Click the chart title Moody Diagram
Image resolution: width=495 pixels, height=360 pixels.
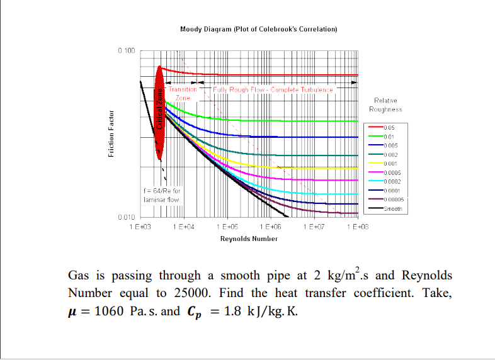[259, 30]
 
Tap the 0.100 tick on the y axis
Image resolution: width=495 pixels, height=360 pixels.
[126, 50]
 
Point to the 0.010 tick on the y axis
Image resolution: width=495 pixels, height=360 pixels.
[126, 217]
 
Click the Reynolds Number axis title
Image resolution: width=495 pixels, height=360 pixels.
[249, 239]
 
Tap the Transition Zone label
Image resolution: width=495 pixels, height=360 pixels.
[183, 94]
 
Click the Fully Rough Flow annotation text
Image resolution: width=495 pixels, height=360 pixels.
[273, 90]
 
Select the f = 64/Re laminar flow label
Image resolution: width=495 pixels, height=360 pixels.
[162, 195]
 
